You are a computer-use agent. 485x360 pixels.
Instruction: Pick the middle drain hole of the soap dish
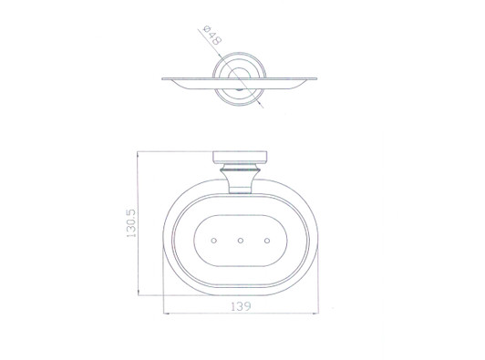[239, 242]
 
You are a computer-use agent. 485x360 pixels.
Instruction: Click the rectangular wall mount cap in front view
[240, 156]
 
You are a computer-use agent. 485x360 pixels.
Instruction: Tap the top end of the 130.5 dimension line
[138, 150]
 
